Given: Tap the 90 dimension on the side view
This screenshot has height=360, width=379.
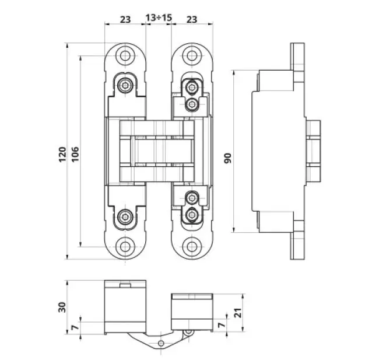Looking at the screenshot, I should pos(228,158).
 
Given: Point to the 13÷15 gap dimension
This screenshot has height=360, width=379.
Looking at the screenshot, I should pos(159,19).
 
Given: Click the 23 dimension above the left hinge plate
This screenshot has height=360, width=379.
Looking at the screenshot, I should pos(125,19).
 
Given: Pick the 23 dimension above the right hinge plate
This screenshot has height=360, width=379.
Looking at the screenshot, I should pos(191,19).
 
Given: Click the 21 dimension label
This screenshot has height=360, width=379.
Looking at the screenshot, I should pos(237,313).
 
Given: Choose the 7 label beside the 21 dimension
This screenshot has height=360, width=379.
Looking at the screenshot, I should pos(220,325).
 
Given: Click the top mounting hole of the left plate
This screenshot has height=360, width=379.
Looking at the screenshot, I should pos(125,56).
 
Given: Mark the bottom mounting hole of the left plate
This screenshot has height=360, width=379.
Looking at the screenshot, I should pos(125,245).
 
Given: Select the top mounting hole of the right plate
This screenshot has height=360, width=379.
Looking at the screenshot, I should pos(191,56).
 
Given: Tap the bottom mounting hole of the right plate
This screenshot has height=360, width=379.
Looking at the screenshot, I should pos(191,245).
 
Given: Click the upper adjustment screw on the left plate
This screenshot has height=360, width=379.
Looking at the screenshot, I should pos(124,85).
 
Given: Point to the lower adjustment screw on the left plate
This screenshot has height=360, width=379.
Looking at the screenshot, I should pos(124,217).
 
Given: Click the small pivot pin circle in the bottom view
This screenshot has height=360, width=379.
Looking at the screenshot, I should pos(187,332).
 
